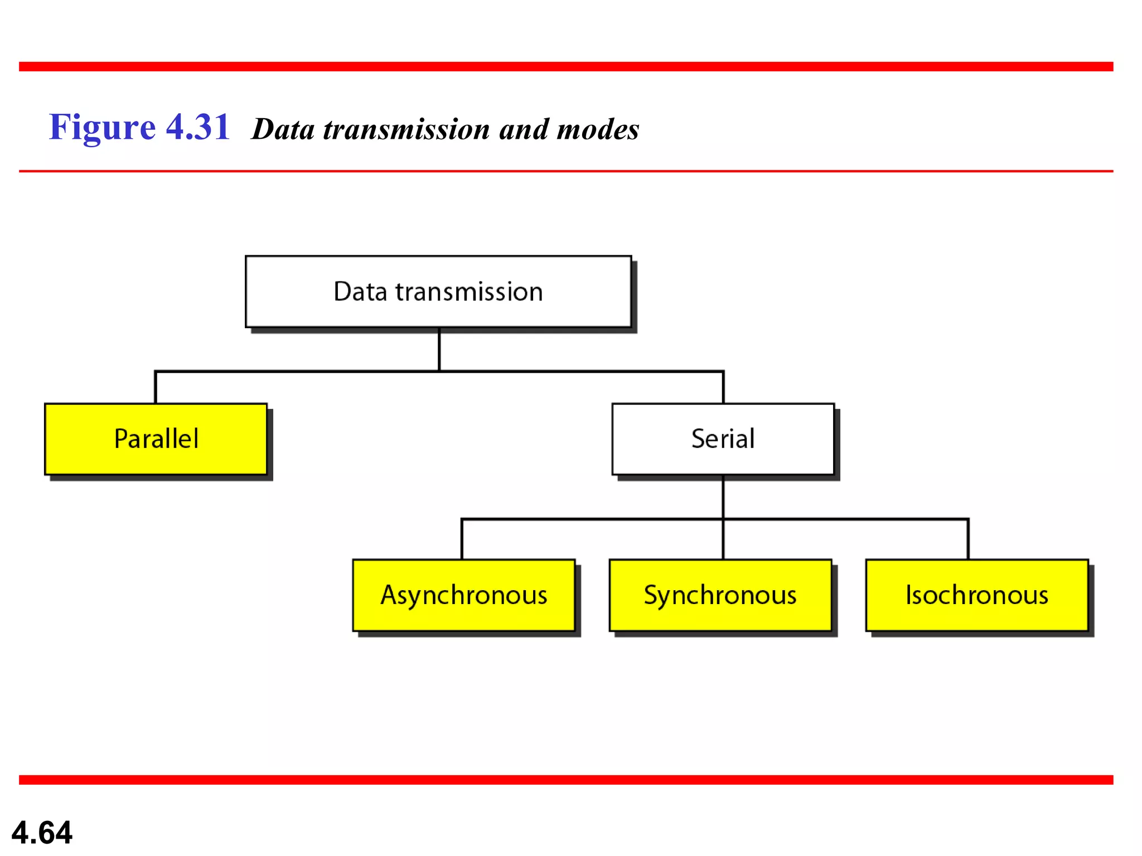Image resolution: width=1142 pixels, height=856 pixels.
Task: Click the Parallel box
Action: click(156, 439)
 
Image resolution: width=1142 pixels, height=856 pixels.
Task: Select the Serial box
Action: click(723, 439)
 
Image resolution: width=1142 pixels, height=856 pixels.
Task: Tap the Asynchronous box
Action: click(463, 595)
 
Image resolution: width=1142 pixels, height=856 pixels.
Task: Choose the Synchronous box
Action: click(720, 595)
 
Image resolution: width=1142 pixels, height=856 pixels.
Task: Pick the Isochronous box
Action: click(976, 595)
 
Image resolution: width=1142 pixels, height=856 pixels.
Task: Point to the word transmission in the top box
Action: click(469, 292)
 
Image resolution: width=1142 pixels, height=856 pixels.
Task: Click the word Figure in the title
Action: click(102, 128)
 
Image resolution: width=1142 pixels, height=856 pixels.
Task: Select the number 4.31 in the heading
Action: click(198, 127)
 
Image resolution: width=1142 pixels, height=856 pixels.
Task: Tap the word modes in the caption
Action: click(597, 129)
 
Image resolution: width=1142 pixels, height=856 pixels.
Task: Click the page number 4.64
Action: click(42, 833)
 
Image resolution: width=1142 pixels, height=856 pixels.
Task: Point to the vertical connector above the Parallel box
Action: click(156, 387)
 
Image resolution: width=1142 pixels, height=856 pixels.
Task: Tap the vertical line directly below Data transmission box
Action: click(439, 349)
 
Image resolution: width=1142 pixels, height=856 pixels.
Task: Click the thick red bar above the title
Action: click(566, 67)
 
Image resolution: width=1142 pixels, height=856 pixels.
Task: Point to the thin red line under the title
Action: click(566, 171)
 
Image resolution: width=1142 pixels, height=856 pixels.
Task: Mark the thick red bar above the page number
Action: click(566, 780)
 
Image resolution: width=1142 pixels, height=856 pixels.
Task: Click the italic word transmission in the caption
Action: click(407, 129)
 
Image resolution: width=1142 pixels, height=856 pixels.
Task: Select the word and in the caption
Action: click(524, 129)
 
